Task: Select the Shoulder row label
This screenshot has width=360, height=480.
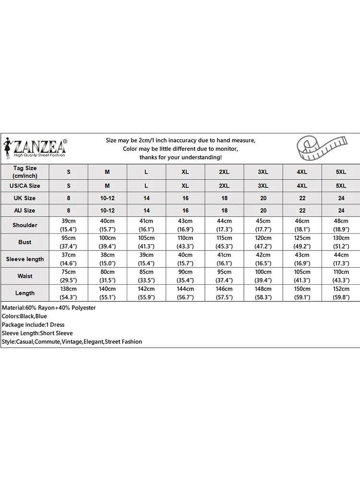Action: pos(25,225)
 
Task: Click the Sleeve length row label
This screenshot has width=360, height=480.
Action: pos(25,259)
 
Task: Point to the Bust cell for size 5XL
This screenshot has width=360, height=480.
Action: pos(341,242)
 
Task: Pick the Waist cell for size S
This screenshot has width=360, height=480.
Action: pos(69,276)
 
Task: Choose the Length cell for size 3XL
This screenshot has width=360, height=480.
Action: pos(263,293)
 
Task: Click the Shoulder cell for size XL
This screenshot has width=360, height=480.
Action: pos(185,225)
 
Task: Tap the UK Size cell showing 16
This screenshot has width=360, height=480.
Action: pos(185,198)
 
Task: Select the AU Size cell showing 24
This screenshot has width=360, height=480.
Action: pos(341,210)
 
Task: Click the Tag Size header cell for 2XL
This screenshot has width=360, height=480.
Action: pos(224,172)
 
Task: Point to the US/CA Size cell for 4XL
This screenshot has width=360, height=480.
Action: pos(302,185)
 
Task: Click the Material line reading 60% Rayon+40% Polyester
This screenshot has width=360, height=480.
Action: pos(49,308)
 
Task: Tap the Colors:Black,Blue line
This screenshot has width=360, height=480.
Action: pos(24,316)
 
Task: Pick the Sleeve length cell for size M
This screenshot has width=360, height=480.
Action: pos(108,259)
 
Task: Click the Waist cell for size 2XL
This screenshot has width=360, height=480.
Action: pos(224,276)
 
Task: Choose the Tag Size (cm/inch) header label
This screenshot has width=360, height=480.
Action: pos(25,172)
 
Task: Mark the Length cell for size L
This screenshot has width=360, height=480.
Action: pos(146,293)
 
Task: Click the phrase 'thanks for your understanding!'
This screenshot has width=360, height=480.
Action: pos(180,157)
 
